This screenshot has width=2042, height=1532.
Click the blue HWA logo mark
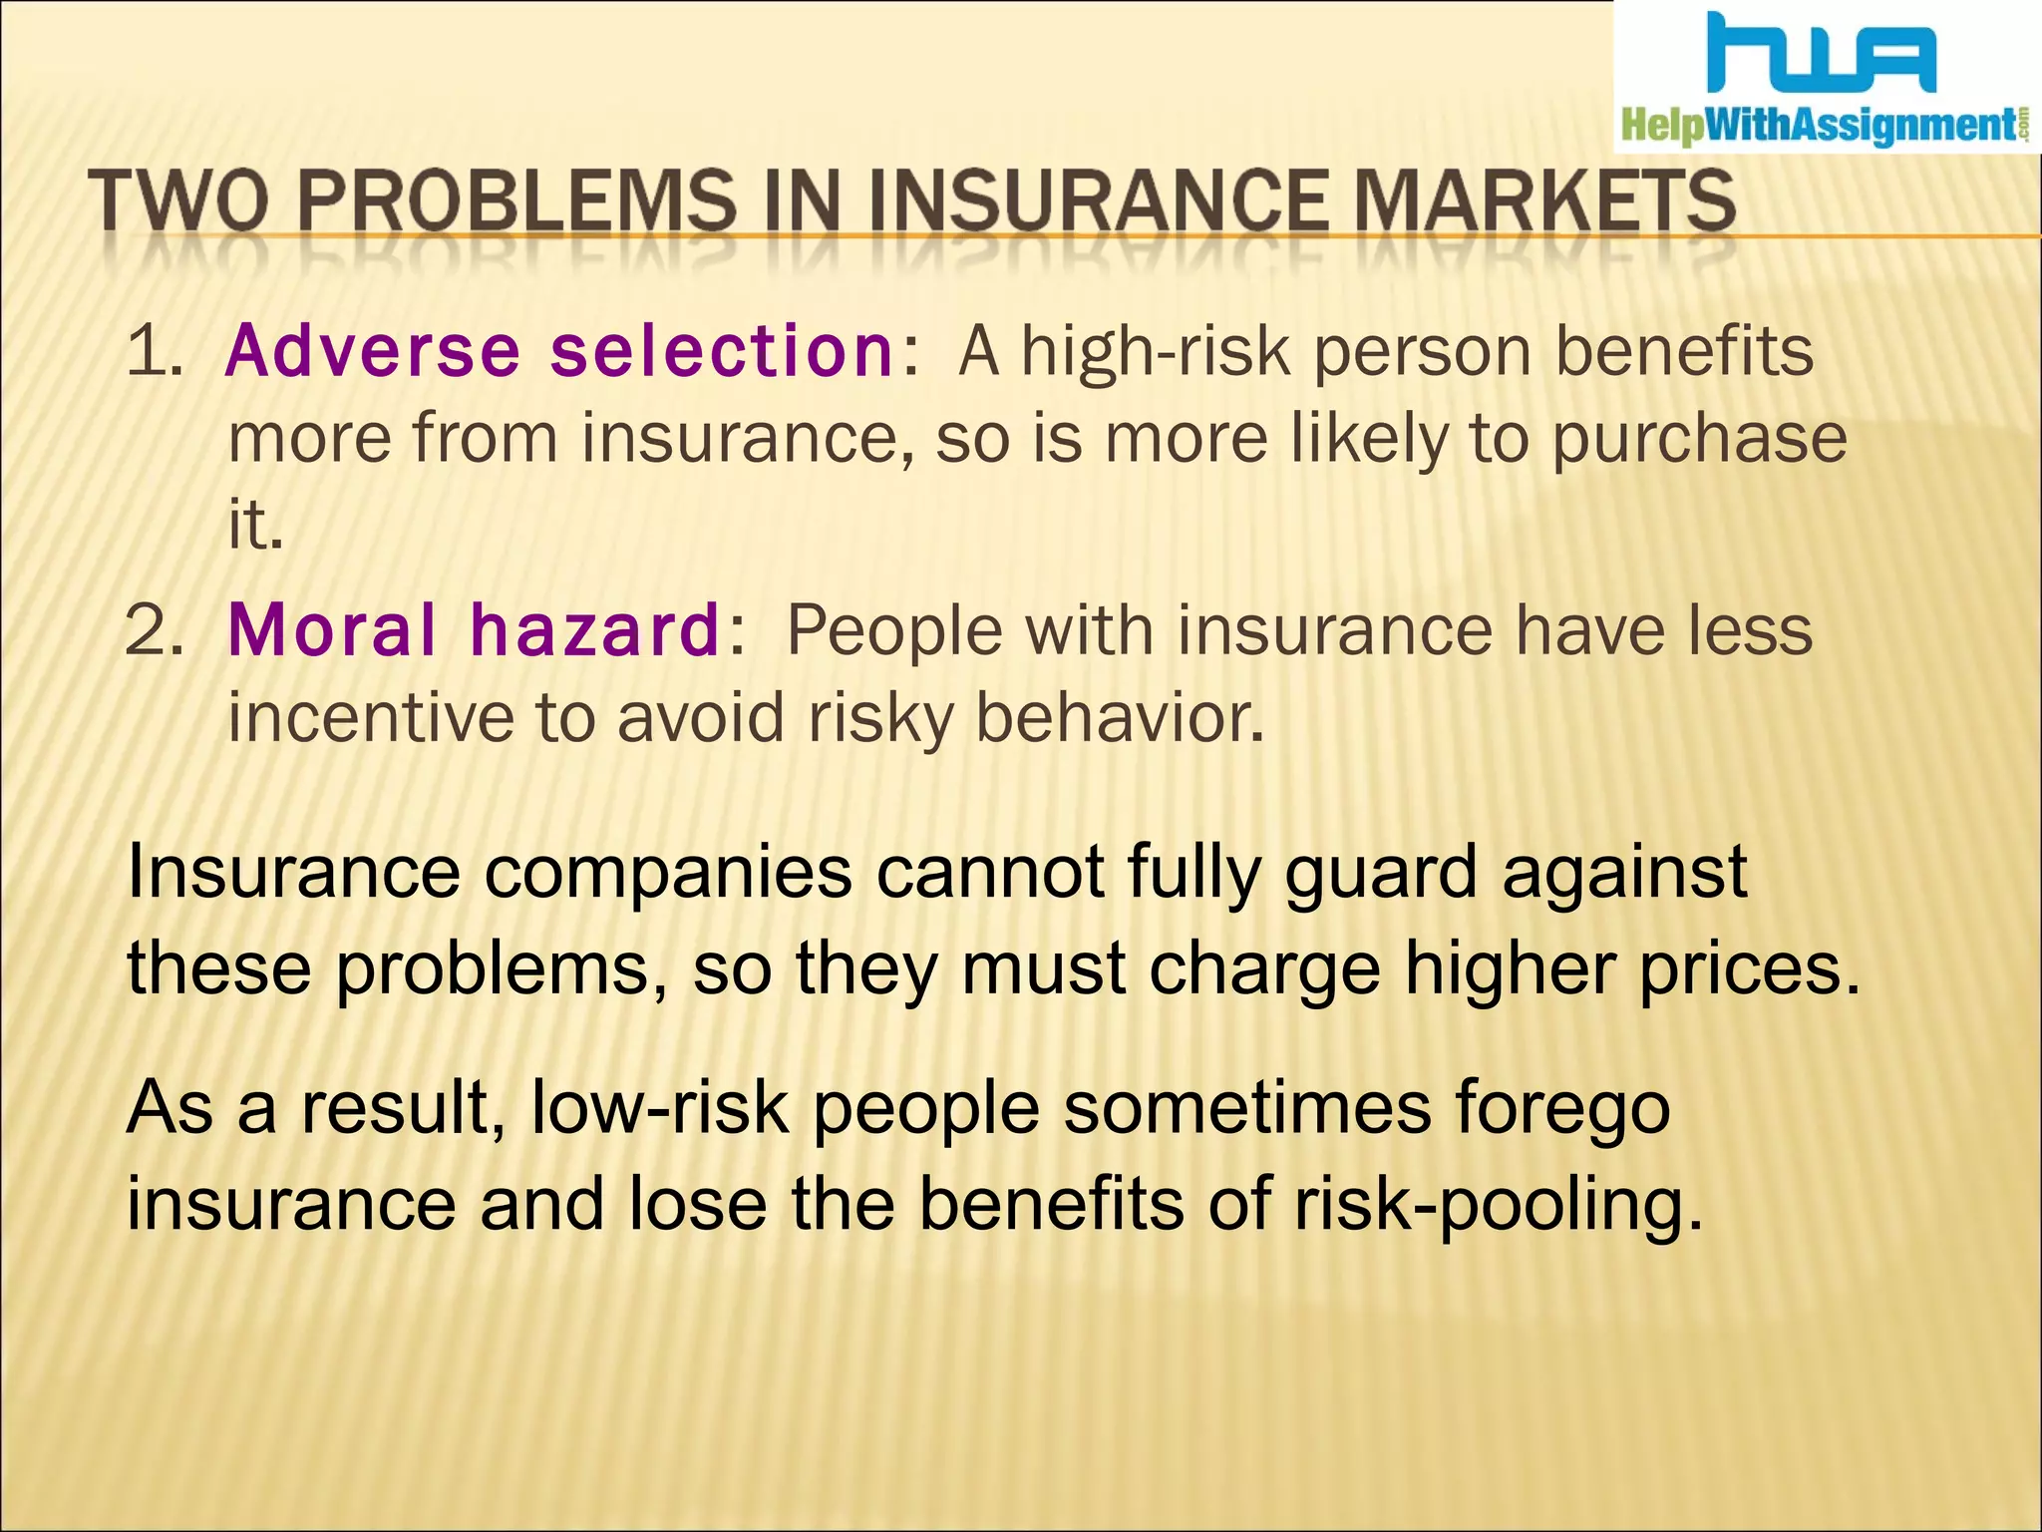pos(1821,55)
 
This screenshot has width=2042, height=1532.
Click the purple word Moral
pos(332,630)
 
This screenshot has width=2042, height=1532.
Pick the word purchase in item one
pos(1699,440)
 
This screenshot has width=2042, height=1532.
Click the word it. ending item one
pos(255,525)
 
